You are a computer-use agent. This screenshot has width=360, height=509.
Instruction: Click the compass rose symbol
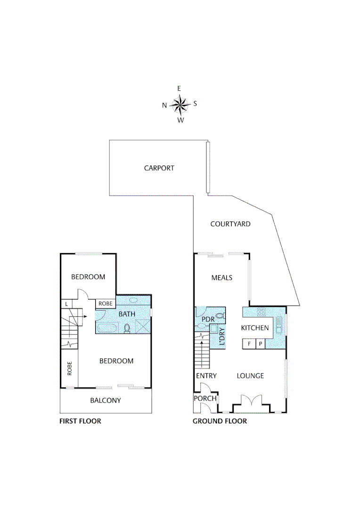tap(180, 105)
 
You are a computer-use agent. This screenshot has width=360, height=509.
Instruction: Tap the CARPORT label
tap(159, 168)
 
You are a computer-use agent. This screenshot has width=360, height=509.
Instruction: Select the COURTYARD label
tap(230, 224)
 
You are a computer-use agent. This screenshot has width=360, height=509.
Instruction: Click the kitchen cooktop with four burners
tap(262, 312)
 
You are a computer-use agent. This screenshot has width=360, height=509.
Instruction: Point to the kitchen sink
tap(279, 325)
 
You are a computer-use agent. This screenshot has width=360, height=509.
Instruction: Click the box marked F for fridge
tap(248, 344)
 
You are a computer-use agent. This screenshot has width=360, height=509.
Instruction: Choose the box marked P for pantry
tap(260, 344)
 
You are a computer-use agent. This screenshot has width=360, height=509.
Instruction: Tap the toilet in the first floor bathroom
tap(127, 328)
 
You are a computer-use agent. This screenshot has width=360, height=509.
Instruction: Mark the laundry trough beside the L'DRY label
tap(213, 329)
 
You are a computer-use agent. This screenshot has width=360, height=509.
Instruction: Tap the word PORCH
tap(205, 398)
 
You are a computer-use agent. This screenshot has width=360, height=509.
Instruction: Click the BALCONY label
tap(106, 401)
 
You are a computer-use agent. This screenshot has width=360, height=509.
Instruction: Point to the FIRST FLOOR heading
tap(80, 421)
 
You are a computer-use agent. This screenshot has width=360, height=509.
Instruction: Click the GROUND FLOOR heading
tap(220, 421)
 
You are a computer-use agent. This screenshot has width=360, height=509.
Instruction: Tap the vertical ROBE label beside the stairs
tap(69, 368)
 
